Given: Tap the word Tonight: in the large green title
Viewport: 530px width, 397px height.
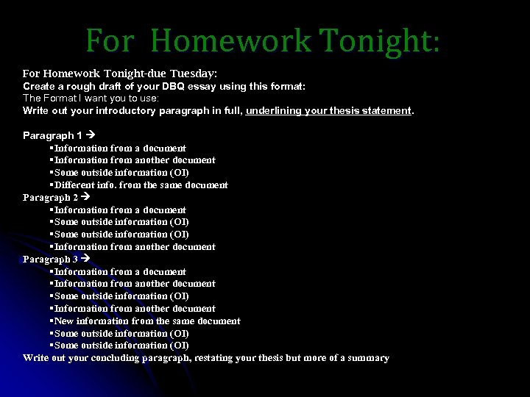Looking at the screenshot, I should [381, 41].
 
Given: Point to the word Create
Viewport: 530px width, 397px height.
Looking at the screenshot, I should [38, 87].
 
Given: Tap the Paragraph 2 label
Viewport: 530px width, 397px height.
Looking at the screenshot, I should [51, 197].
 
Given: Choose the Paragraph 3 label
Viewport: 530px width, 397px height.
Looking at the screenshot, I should [51, 259].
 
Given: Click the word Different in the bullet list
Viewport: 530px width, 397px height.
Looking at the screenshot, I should [75, 185].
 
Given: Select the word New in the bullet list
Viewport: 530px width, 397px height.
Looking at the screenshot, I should [64, 321].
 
